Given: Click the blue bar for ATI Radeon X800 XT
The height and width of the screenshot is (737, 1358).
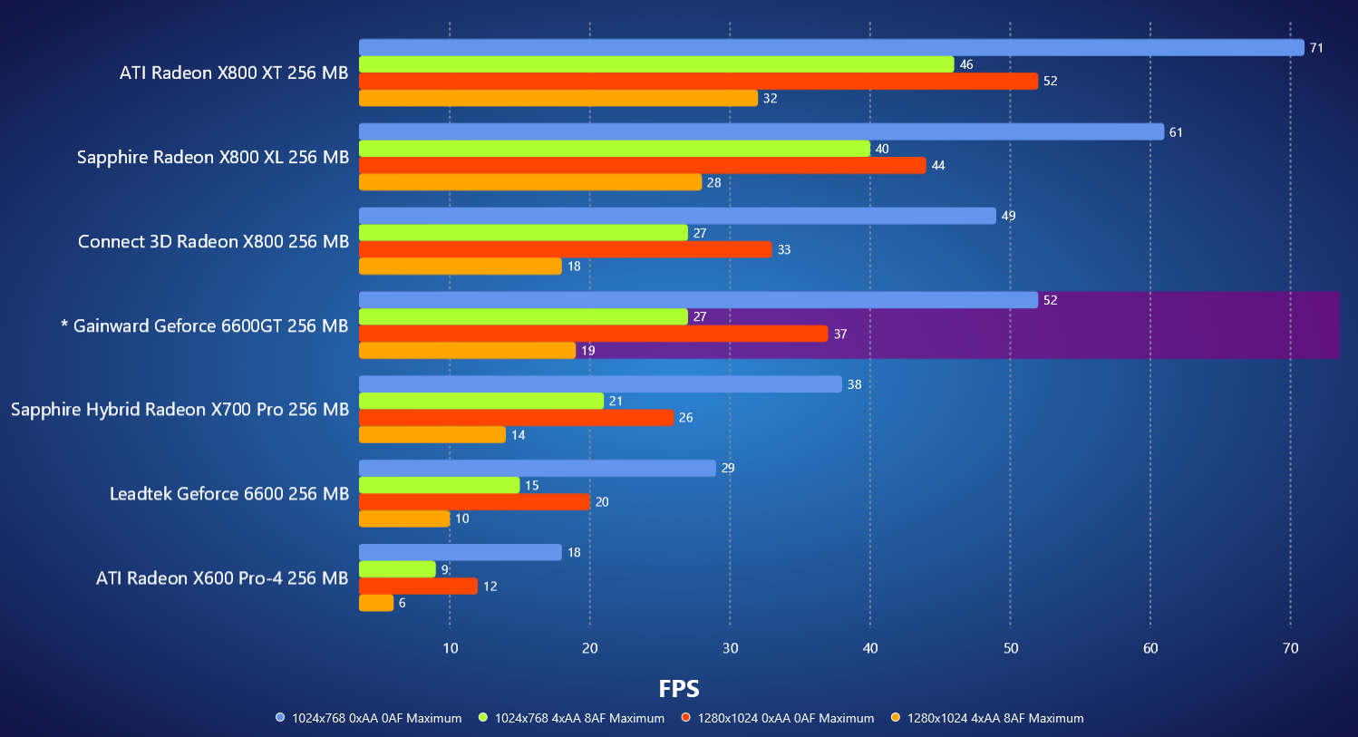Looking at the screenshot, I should point(831,47).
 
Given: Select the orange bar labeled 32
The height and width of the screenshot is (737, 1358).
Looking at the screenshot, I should point(558,98).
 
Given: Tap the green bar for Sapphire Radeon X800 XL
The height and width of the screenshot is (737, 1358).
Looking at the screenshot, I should point(614,149).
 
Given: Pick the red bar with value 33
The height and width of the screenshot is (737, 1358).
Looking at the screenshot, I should point(565,249).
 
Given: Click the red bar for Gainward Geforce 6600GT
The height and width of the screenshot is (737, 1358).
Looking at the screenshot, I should point(593,334).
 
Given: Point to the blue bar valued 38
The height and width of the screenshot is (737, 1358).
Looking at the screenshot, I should point(600,384).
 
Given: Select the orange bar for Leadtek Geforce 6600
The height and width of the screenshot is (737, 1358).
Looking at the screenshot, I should point(404,519).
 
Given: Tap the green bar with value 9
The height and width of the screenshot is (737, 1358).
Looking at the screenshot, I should point(397,569).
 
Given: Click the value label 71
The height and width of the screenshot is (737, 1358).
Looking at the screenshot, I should point(1316,48).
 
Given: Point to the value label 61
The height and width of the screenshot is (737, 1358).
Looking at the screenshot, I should point(1176,132).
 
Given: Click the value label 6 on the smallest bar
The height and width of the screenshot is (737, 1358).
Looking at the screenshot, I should point(402,603).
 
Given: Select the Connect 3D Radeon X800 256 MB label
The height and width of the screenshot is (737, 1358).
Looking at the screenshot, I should point(213,241).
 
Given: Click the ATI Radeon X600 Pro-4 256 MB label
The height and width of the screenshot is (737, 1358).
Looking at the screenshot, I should point(222,577).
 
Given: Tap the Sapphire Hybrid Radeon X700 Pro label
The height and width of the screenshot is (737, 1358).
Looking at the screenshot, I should point(179,409).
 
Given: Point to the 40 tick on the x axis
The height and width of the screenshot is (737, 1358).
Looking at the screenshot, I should point(870,648).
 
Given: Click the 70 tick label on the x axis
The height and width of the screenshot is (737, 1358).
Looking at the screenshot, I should point(1290,648).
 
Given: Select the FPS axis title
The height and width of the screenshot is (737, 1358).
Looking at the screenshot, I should point(679,689).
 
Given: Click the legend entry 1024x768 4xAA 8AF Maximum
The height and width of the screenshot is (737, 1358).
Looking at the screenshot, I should point(578,718).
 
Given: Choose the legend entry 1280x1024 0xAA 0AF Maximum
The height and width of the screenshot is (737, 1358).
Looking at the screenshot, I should point(785,718).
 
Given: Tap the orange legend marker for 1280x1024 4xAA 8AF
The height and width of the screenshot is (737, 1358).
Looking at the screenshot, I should point(896,718).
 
